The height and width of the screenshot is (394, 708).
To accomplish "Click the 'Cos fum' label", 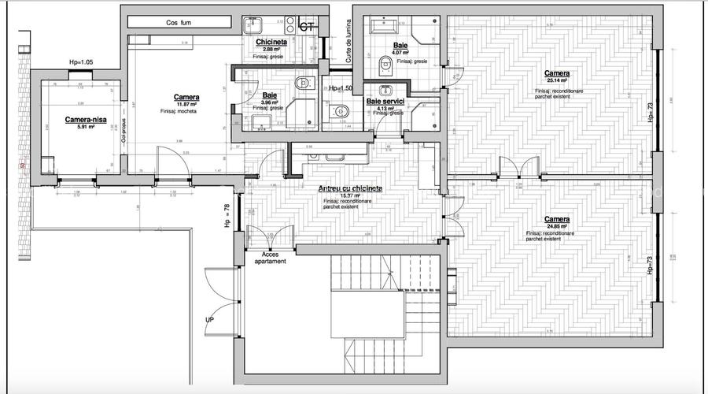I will [179, 23].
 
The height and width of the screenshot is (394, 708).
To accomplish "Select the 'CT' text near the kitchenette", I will [308, 27].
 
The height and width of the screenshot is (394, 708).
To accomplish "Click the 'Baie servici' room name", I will [385, 102].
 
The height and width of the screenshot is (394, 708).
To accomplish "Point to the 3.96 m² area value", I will [271, 102].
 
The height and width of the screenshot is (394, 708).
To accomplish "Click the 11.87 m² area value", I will [186, 105].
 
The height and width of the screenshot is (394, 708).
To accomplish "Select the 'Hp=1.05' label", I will [81, 61].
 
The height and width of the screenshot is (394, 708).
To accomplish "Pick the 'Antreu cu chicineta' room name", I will [350, 188].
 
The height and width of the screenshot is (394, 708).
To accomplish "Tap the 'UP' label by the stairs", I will [209, 321].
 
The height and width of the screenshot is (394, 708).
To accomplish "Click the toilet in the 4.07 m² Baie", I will [385, 62].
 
